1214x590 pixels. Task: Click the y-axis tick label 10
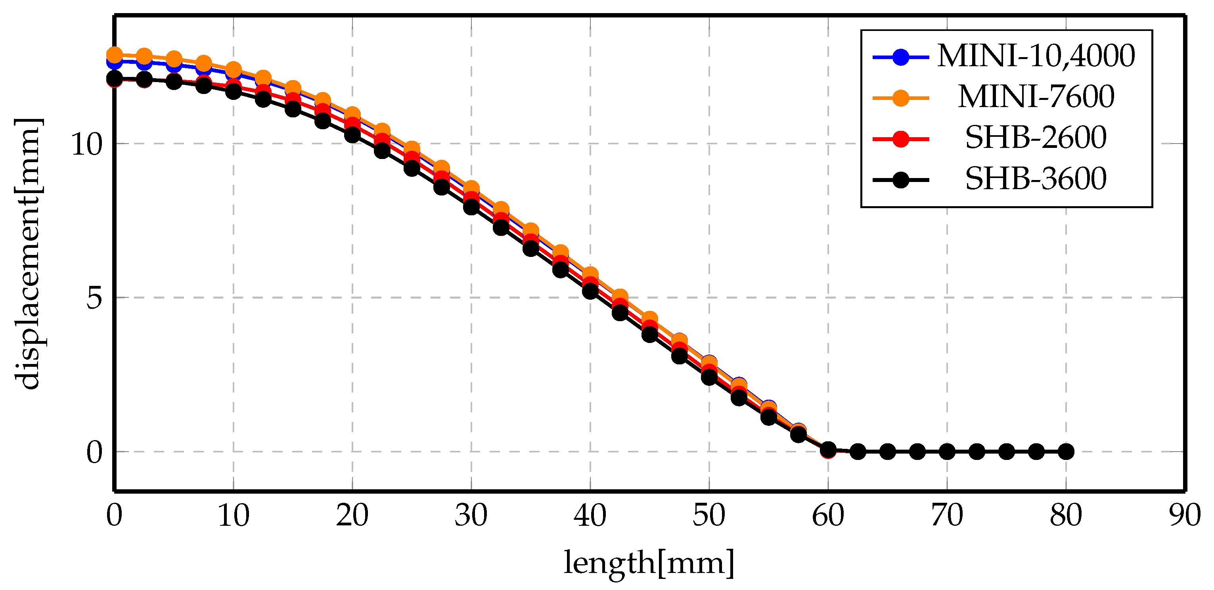tap(86, 145)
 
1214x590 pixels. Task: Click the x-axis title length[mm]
tap(649, 563)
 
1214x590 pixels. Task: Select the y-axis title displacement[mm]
tap(27, 255)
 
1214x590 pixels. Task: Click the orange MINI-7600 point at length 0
tap(115, 55)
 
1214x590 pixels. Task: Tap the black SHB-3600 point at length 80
tap(1066, 452)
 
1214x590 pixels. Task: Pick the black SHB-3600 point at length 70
tap(947, 452)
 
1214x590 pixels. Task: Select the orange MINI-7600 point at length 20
tap(352, 115)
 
